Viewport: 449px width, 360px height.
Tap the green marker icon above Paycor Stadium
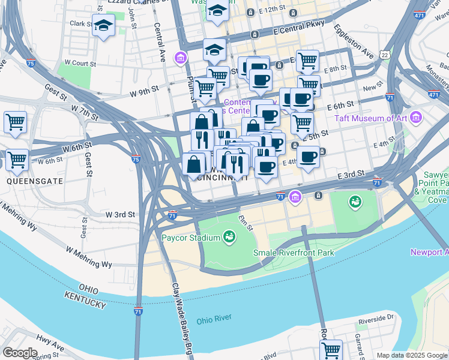tap(229, 238)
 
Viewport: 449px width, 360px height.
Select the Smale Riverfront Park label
tap(294, 253)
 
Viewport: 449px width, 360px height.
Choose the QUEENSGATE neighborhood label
tap(26, 180)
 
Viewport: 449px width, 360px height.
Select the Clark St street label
tap(80, 23)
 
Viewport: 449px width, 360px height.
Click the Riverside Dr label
tap(375, 320)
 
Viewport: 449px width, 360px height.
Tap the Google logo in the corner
tap(20, 352)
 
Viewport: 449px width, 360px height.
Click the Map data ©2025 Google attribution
tap(411, 355)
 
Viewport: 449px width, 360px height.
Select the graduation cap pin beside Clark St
tap(104, 26)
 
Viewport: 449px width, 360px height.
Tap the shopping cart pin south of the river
tap(331, 349)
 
